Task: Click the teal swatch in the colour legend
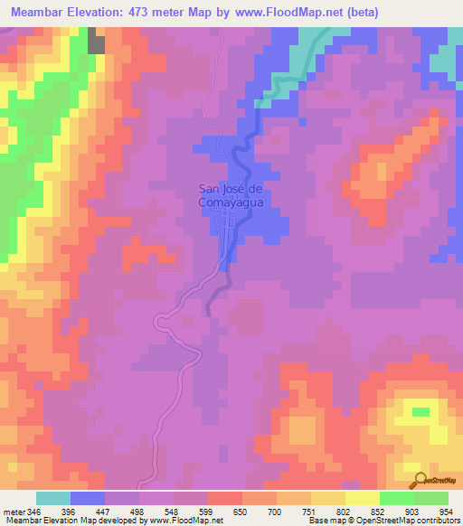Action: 53,498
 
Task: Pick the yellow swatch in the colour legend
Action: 363,498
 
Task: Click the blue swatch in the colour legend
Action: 88,498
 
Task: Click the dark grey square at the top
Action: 97,42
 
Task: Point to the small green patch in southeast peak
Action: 421,412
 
